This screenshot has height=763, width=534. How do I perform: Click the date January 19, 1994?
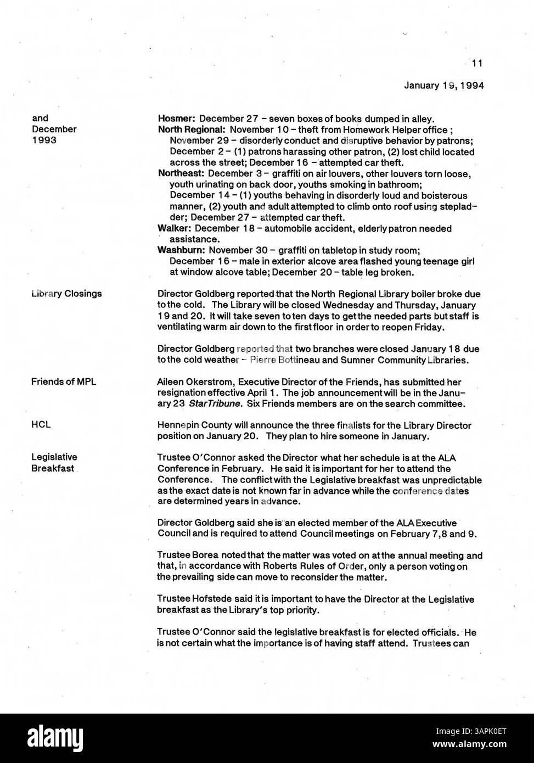[x=444, y=85]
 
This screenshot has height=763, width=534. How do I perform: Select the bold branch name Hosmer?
[x=177, y=119]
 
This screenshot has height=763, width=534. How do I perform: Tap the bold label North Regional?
[x=192, y=130]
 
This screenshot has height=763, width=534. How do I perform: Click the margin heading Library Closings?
[x=66, y=294]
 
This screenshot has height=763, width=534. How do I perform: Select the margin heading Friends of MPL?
[x=64, y=381]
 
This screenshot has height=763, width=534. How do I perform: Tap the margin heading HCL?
[x=41, y=425]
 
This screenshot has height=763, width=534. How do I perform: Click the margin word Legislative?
[x=54, y=457]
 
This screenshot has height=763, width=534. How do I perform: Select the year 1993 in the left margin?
[x=43, y=140]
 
